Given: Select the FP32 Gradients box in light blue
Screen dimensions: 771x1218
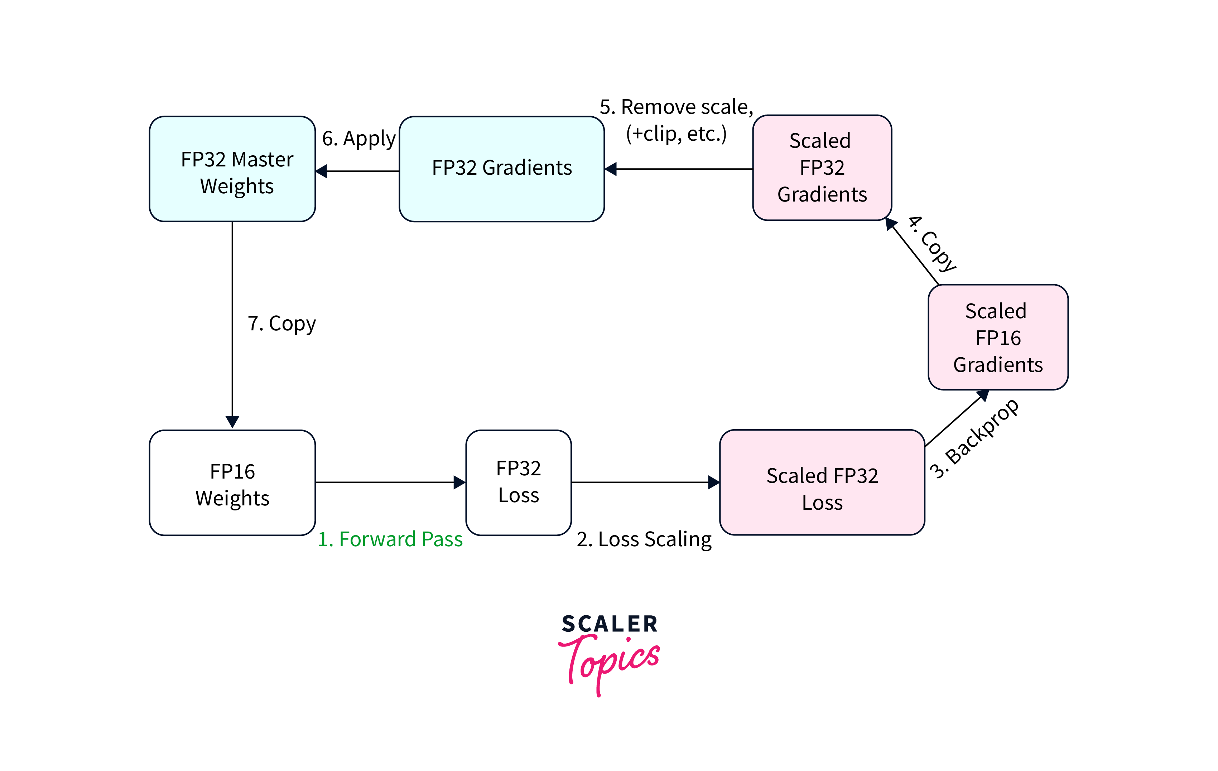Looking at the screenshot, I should [501, 169].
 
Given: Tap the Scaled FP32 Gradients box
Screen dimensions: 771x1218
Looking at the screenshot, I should [822, 168].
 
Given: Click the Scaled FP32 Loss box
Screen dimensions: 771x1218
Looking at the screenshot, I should [822, 482].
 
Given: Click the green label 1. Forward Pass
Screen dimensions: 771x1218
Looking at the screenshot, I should [390, 539].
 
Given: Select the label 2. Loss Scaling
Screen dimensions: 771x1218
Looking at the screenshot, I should [644, 539].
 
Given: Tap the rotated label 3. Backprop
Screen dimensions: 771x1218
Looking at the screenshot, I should [974, 439].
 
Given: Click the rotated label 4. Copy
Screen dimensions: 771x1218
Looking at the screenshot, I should [932, 244].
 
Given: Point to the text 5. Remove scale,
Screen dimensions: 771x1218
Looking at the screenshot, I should [676, 107].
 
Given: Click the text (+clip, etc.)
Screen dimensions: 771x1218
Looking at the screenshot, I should [676, 134].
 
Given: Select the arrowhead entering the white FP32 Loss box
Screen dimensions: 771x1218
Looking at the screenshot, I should [459, 482].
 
